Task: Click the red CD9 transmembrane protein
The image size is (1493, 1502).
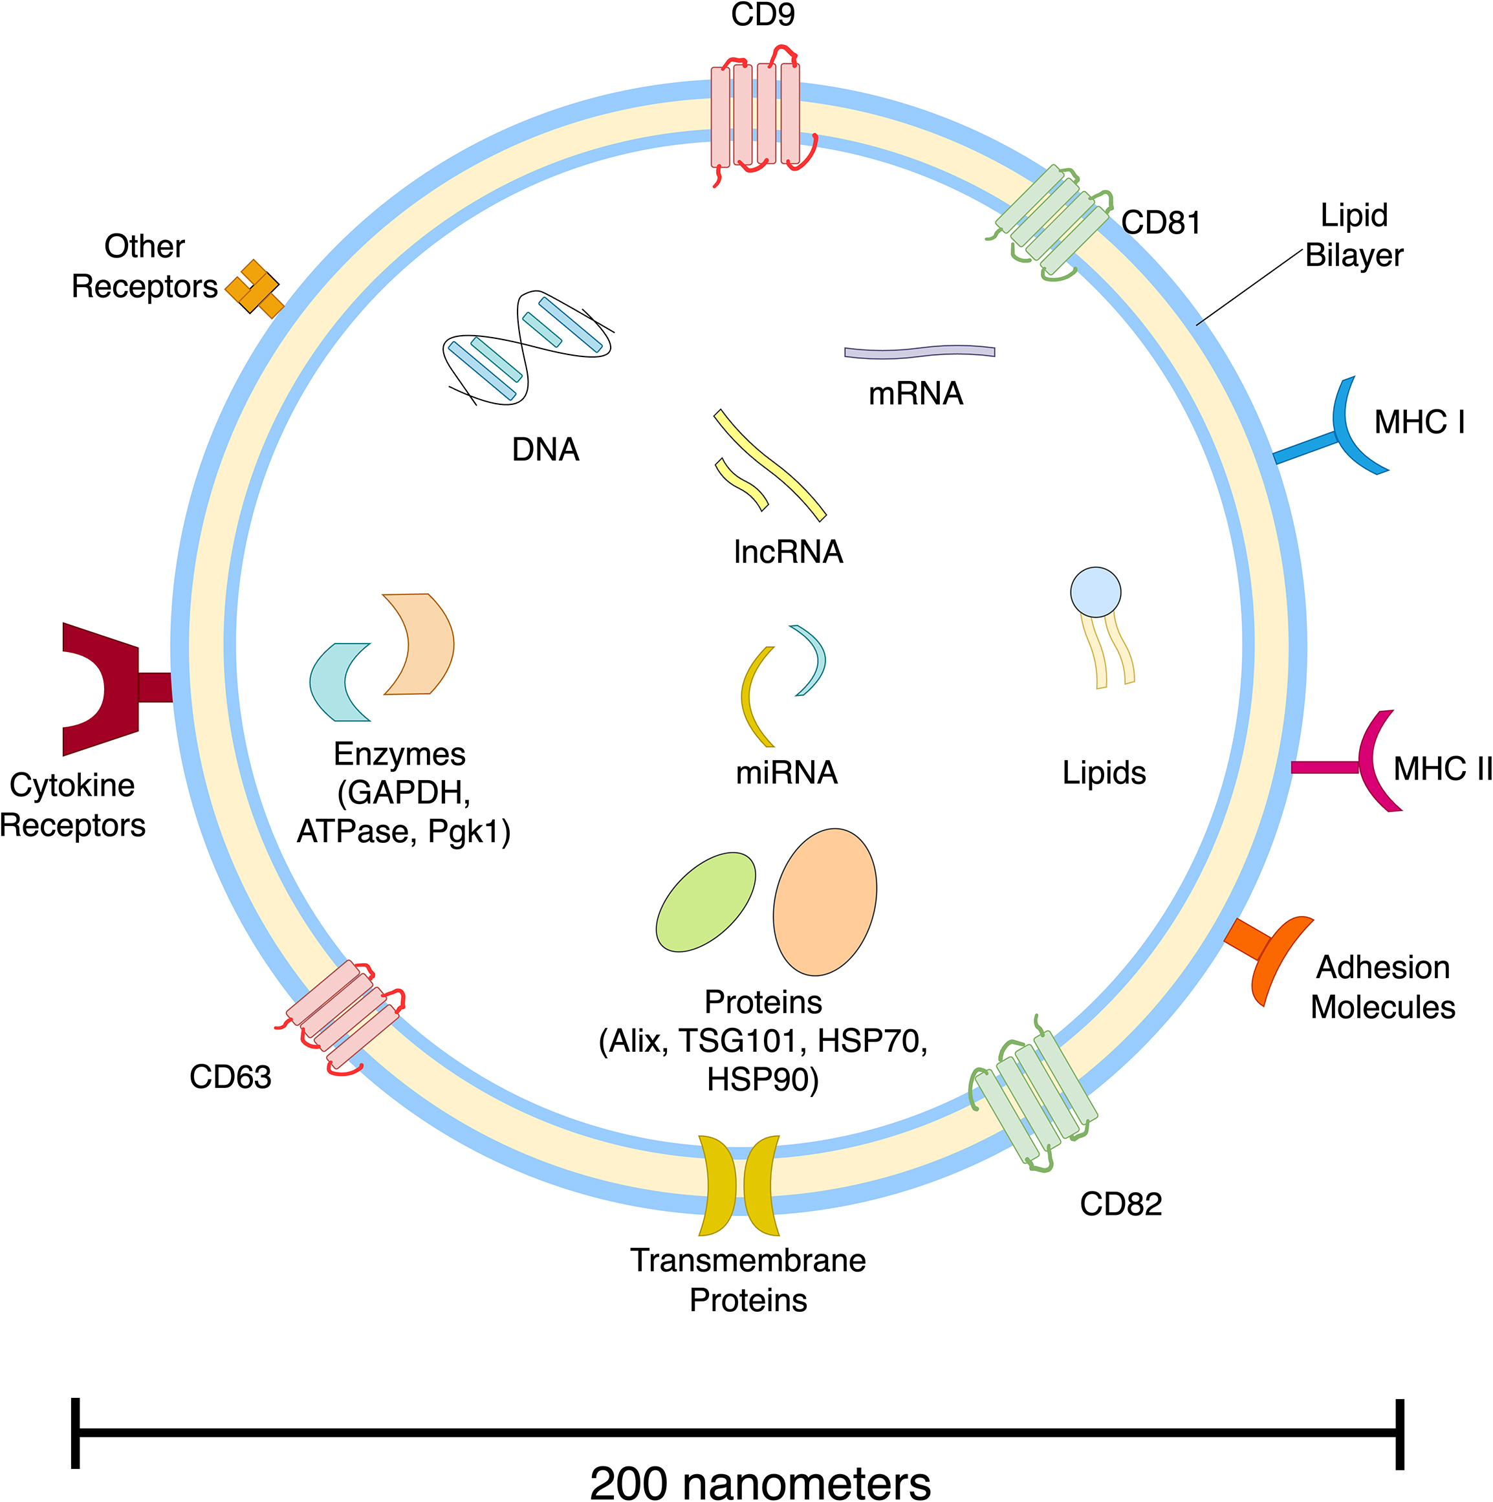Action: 755,116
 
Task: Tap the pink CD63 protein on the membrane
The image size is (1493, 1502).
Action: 343,1014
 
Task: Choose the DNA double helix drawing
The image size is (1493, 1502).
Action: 527,347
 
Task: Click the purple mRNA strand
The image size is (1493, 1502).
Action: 919,352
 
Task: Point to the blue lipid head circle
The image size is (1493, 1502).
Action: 1095,593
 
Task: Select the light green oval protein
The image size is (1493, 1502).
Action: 705,902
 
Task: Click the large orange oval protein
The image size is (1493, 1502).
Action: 824,902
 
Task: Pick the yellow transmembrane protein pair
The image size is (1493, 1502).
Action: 739,1185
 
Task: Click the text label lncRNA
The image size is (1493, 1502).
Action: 788,552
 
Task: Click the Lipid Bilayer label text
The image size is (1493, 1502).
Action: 1354,235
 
